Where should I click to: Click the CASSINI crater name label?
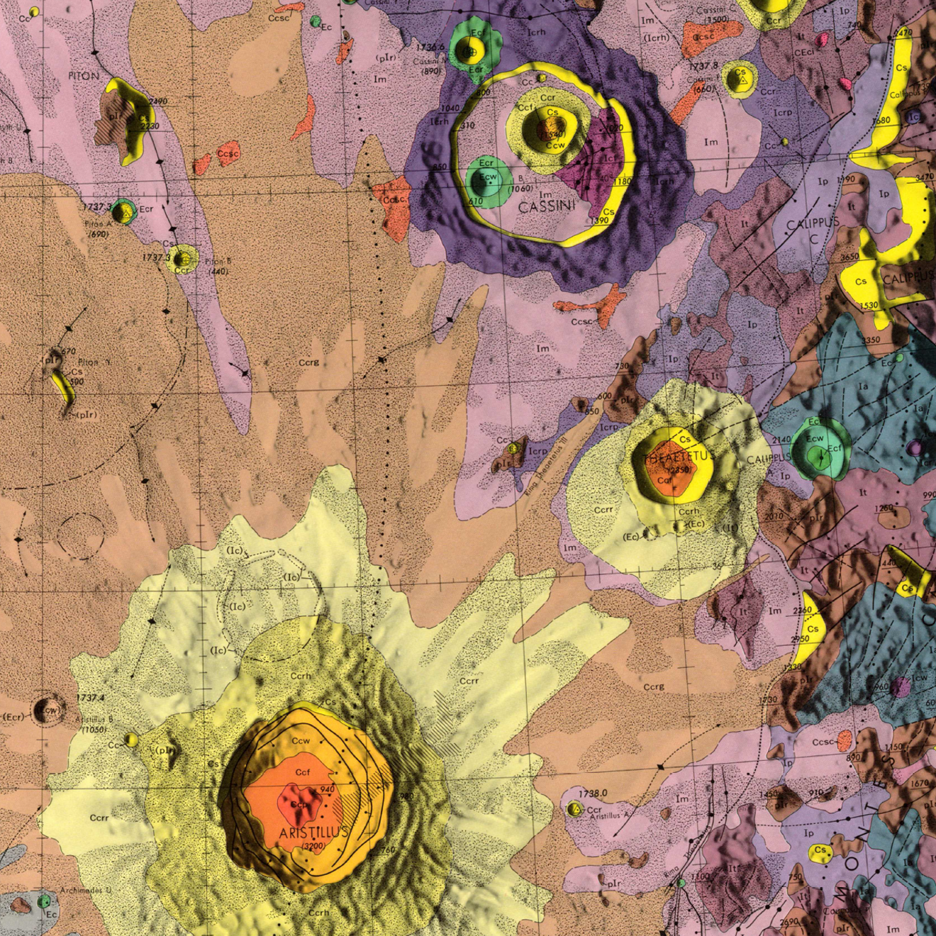(548, 207)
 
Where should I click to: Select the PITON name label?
(84, 75)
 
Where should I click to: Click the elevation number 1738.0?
(593, 793)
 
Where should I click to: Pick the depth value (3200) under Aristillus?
(313, 846)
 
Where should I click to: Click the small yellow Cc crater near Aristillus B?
(131, 740)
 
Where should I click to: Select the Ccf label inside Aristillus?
(303, 772)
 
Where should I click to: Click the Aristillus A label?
(610, 817)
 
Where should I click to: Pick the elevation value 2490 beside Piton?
(158, 101)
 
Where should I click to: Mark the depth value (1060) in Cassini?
(521, 188)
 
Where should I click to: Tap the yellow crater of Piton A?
(126, 211)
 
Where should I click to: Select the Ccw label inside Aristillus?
(301, 741)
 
